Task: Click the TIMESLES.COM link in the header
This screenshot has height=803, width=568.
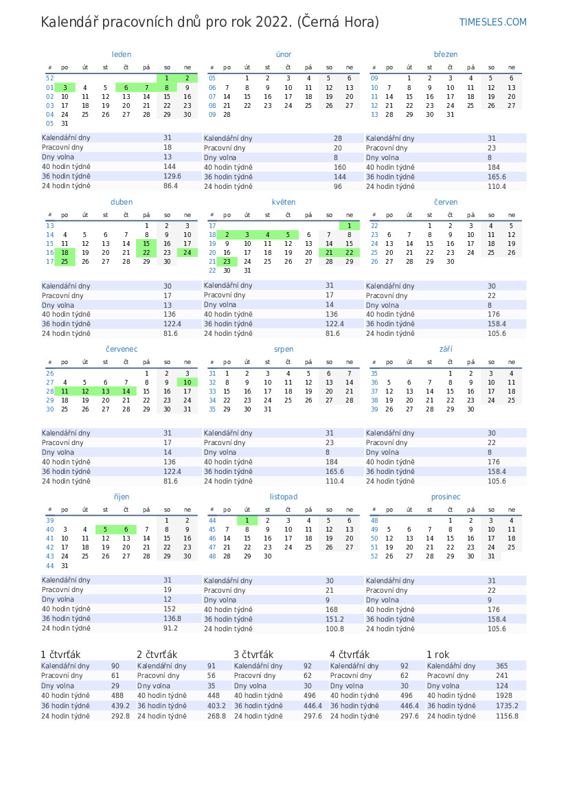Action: tap(492, 22)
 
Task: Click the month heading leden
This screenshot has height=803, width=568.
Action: tap(122, 54)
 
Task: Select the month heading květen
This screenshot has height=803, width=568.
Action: tap(284, 202)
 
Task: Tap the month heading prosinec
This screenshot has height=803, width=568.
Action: tap(446, 497)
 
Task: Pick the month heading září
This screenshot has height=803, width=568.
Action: tap(446, 349)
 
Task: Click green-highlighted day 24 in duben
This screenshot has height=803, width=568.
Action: tap(188, 252)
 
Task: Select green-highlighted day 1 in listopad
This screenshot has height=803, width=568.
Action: tap(247, 521)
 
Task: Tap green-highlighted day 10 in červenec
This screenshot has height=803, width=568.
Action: tap(188, 383)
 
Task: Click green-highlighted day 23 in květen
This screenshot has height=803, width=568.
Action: tap(227, 261)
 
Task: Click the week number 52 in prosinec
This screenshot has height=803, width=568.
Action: tap(374, 556)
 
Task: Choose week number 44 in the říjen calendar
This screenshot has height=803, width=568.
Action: tap(50, 566)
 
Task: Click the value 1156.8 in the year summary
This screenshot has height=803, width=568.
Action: tap(507, 716)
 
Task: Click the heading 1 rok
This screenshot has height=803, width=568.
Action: tap(438, 655)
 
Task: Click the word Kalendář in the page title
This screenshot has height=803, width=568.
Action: tap(69, 22)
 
